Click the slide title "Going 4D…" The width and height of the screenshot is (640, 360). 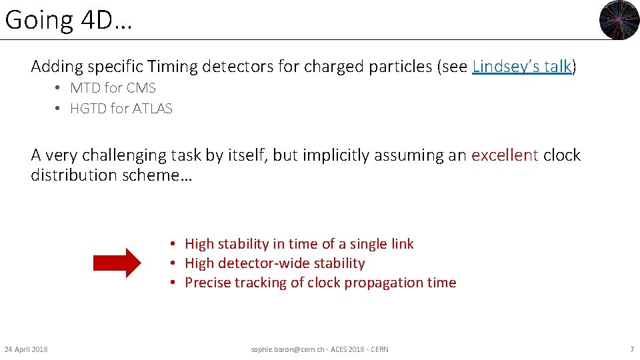(x=68, y=21)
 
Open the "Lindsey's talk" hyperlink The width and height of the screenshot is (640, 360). (x=521, y=67)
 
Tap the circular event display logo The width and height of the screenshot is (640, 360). (x=619, y=20)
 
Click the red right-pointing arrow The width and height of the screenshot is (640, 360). (x=117, y=263)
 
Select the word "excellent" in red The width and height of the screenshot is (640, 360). (x=505, y=155)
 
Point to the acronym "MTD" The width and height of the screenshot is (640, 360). (x=85, y=88)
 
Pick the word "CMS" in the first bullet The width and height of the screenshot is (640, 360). (x=141, y=88)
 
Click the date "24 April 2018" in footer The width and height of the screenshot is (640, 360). (x=26, y=349)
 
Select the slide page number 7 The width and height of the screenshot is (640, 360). (x=631, y=349)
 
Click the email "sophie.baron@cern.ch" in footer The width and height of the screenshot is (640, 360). (x=285, y=349)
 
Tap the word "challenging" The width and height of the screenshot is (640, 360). (x=128, y=155)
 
